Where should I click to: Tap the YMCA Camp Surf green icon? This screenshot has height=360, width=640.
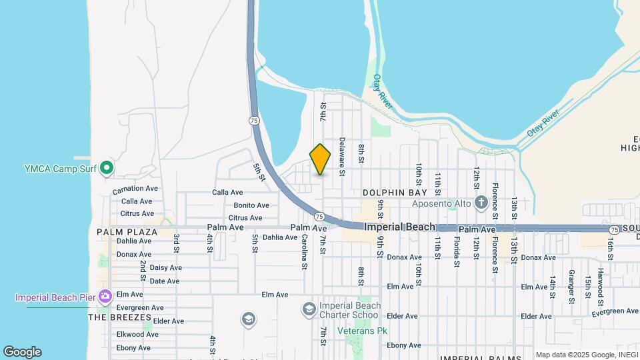105,168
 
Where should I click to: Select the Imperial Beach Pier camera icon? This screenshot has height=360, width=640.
105,295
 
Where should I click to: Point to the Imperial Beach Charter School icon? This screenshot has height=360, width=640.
308,309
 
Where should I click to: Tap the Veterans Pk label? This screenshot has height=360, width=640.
362,331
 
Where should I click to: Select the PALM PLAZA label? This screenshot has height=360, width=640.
127,232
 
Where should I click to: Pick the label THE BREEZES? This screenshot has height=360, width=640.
117,317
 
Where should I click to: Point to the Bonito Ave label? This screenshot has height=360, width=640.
251,205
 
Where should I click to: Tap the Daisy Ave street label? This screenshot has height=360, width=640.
165,267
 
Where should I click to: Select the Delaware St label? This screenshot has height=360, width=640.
341,156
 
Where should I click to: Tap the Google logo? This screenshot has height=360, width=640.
22,352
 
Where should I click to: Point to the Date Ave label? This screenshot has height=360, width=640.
165,281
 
